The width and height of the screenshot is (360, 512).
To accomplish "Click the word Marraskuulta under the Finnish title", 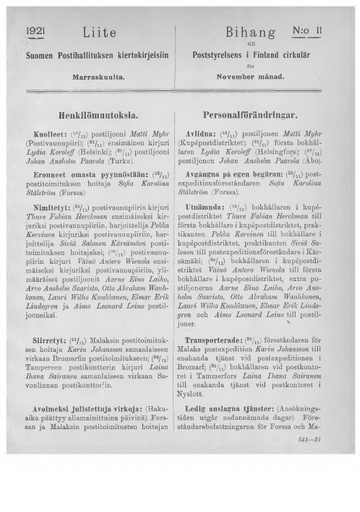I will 98,73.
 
